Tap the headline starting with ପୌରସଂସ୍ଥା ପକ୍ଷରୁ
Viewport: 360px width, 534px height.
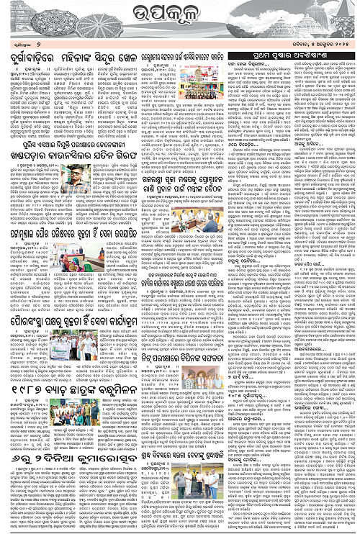(87, 314)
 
